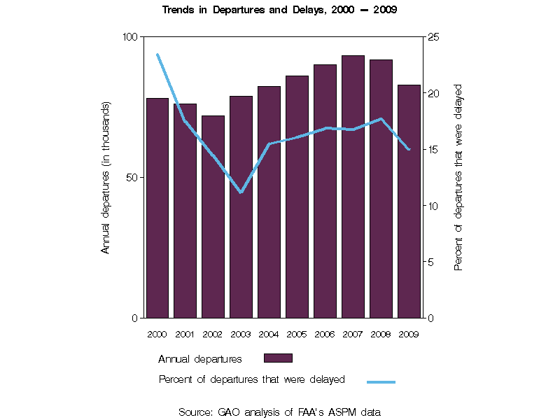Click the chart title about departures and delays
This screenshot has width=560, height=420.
(x=280, y=10)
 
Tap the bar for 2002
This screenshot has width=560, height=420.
(x=213, y=217)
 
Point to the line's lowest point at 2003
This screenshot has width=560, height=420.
(x=241, y=192)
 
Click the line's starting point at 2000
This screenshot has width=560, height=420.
(x=157, y=55)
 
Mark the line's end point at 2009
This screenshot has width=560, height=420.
(x=409, y=149)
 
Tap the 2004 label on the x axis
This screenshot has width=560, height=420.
(x=269, y=334)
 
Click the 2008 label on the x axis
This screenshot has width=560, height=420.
(x=381, y=334)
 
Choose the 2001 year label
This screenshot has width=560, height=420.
(x=185, y=334)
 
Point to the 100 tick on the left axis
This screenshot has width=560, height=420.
(x=130, y=36)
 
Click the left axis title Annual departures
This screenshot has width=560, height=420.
(x=106, y=177)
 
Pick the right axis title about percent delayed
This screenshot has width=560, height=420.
(x=459, y=177)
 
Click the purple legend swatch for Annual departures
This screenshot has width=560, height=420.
(x=278, y=358)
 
